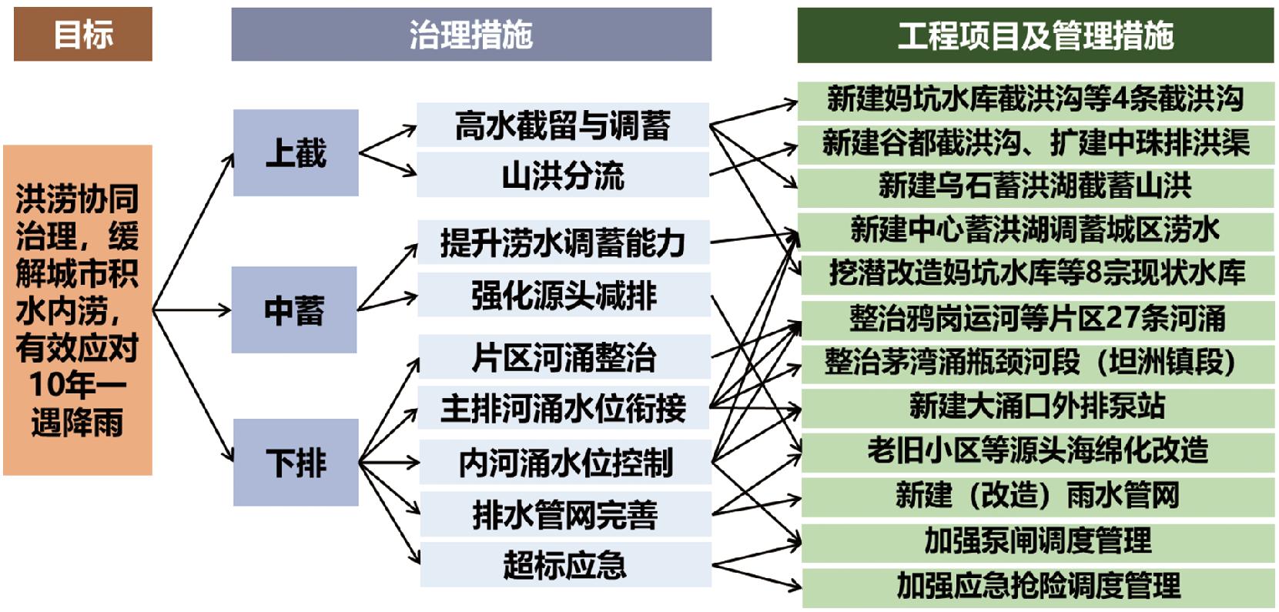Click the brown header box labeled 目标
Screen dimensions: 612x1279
[x=83, y=35]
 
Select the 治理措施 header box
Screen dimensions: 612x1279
[x=470, y=35]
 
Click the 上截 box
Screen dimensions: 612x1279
[x=296, y=152]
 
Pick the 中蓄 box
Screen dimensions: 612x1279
[x=294, y=310]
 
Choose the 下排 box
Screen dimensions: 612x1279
[x=296, y=463]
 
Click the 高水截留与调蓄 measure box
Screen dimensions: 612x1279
[x=563, y=125]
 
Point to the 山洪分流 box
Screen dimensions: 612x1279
[x=563, y=176]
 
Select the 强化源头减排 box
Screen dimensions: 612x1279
[x=564, y=296]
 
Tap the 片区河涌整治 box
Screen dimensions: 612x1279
[x=564, y=357]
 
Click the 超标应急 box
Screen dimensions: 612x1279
[x=564, y=565]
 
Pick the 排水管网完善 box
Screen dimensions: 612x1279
[x=564, y=515]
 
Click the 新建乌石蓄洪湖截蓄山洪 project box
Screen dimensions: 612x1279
[x=1035, y=186]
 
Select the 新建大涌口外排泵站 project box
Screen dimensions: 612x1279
[x=1036, y=406]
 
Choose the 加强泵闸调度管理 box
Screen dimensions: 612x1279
[x=1037, y=540]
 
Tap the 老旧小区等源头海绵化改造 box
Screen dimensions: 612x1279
[x=1037, y=450]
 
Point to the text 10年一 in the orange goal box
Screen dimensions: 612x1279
[x=77, y=384]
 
